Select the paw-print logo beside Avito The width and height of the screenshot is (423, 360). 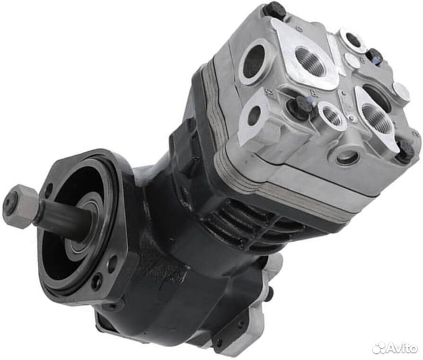(x=378, y=348)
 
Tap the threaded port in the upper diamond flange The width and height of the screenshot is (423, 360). (x=310, y=59)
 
